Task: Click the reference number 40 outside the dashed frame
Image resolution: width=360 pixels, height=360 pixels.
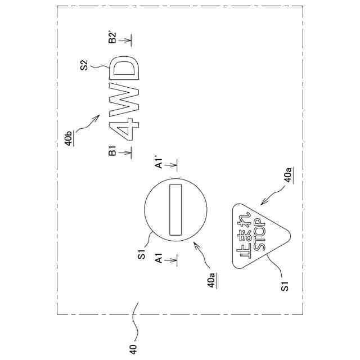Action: (x=133, y=349)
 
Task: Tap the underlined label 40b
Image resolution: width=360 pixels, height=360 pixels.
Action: (x=69, y=138)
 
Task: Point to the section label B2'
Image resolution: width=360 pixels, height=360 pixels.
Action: (x=112, y=38)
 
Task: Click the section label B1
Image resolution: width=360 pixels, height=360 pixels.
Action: (x=112, y=151)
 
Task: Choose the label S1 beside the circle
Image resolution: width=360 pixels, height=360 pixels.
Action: (x=142, y=254)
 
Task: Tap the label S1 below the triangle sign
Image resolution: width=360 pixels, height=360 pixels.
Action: (x=285, y=286)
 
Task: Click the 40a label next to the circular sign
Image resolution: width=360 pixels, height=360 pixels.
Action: (x=211, y=280)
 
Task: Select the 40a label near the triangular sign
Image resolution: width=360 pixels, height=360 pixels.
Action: (x=288, y=175)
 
